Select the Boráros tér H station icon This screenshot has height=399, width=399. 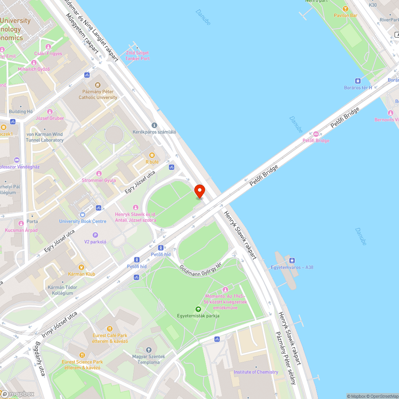click(358, 81)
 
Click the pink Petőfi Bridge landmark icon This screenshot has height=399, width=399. click(316, 134)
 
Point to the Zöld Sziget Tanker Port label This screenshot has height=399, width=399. click(137, 55)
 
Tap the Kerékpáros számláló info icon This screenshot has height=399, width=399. click(154, 125)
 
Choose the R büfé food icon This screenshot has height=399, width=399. click(152, 155)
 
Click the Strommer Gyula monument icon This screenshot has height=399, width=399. click(99, 174)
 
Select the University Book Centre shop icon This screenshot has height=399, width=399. click(83, 215)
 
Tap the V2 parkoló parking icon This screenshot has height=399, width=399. click(95, 235)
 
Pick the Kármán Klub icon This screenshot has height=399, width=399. click(81, 267)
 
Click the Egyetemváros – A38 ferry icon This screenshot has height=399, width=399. click(292, 261)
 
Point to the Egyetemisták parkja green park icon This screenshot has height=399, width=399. click(198, 309)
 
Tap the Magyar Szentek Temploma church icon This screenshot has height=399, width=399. click(149, 350)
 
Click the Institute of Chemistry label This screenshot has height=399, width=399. click(256, 372)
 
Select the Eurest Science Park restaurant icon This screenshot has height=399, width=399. click(82, 355)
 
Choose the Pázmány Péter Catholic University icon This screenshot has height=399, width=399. click(98, 85)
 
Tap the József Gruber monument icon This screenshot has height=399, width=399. click(49, 112)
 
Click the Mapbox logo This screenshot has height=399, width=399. click(18, 393)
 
